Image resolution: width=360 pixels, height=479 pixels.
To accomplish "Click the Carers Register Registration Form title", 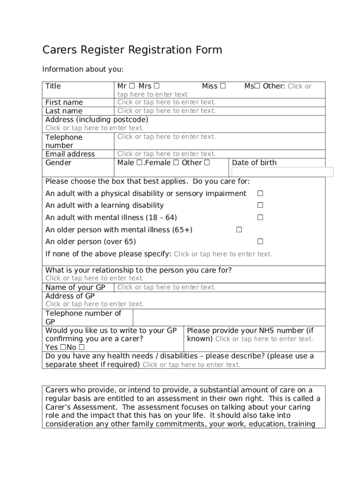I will pos(132,50).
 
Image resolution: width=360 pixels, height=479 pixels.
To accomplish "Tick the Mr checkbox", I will pos(132,86).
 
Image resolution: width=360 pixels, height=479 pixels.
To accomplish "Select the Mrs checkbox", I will pos(157,86).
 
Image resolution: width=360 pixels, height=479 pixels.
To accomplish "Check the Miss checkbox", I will pos(223,86).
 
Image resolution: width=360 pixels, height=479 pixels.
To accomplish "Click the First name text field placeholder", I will pos(166,102).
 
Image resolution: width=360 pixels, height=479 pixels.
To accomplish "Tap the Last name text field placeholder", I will pos(166,111).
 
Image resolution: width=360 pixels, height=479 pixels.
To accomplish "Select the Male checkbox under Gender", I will pos(139,163).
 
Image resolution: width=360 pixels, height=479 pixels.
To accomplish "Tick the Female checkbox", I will pos(176,163).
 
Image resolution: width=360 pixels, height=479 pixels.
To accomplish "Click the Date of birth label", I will pos(254,163).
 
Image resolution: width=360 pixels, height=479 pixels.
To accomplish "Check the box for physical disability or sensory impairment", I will pos(260,194).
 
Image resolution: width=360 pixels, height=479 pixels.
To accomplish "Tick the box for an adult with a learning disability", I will pos(260,205).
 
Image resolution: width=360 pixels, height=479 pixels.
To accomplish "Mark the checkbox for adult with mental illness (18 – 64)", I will pos(260,218).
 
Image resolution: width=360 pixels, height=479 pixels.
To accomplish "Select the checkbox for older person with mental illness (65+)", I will pos(239,230).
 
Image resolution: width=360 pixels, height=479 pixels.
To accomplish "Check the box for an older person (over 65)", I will pos(260,242).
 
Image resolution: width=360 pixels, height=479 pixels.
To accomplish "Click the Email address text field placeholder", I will pos(166,154).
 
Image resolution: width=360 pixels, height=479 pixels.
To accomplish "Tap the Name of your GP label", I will pos(75,288).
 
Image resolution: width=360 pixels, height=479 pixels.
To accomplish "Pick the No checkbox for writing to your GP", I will pos(82,348).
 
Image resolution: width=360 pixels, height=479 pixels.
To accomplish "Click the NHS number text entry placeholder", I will pos(264,339).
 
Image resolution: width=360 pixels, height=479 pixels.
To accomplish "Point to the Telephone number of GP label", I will pos(83,318).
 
